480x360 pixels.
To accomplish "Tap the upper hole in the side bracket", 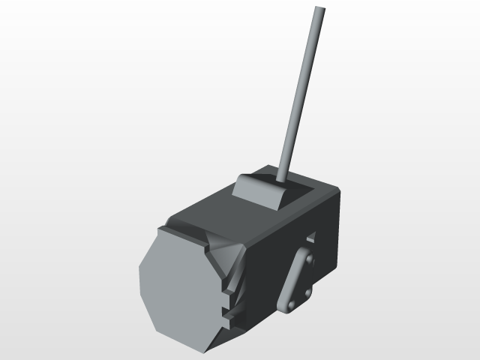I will (307, 259).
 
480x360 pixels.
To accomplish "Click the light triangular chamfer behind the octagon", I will (222, 255).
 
